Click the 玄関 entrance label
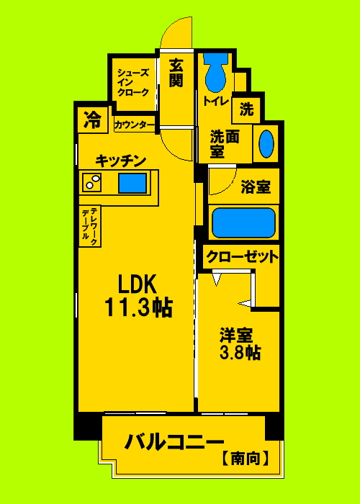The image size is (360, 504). (x=176, y=73)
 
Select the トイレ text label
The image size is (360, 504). (x=216, y=102)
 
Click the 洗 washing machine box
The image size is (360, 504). (x=247, y=109)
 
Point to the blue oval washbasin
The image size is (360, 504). (x=266, y=144)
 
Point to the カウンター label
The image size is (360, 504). (x=135, y=125)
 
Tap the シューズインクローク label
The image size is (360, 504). (x=133, y=82)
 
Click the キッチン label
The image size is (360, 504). (x=121, y=160)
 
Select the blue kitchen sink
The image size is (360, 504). (x=132, y=183)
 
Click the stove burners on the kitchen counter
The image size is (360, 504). (x=92, y=183)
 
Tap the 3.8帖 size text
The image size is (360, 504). (x=240, y=353)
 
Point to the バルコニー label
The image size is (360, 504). (x=176, y=441)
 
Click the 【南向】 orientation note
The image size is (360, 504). (x=246, y=456)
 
